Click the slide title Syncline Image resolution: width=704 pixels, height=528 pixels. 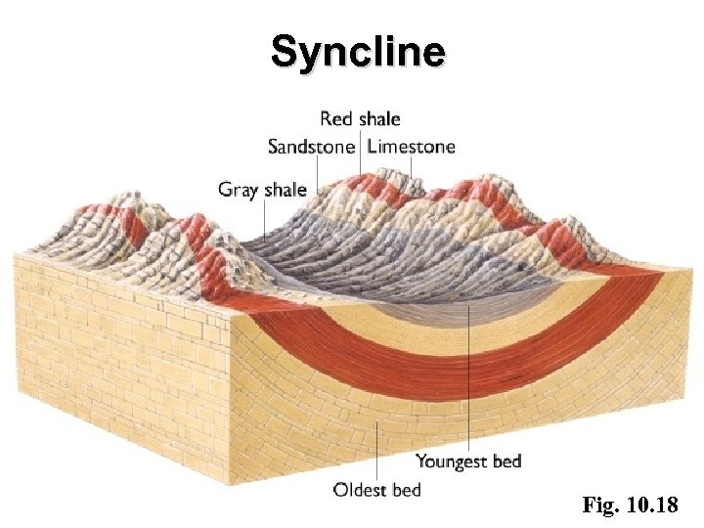pos(358,51)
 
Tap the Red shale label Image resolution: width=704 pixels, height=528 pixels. pos(360,119)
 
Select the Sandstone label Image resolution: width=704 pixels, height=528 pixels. pos(312,148)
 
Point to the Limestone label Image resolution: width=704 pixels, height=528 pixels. pos(412,148)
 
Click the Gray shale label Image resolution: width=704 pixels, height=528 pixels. pos(262,189)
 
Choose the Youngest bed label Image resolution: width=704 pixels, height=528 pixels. pos(468,461)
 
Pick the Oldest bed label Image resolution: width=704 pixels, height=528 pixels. pos(377,489)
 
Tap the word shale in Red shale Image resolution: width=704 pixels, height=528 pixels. pos(378,119)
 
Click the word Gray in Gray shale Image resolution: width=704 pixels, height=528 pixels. pos(239,189)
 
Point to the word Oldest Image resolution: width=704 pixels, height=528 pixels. pos(360,489)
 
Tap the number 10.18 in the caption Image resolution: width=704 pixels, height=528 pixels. pos(657,506)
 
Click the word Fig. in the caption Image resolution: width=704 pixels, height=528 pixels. pos(599,506)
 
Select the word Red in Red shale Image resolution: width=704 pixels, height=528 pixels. pos(335,119)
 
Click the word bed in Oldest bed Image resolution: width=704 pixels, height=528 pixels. pos(407,489)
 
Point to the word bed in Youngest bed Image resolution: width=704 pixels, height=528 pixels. pos(506,461)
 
